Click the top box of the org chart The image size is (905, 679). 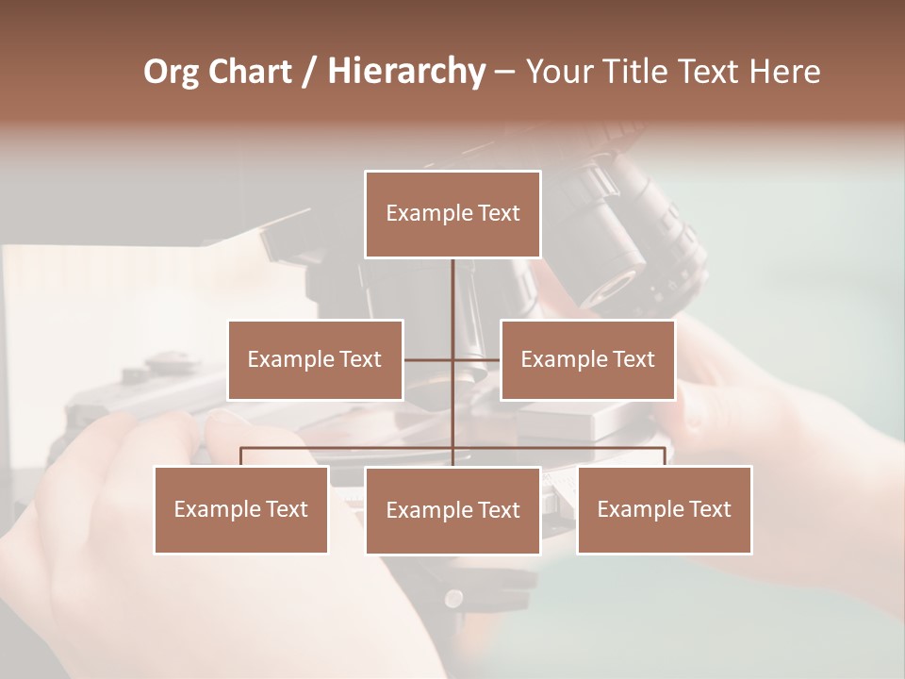point(452,214)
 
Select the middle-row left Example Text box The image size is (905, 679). point(315,359)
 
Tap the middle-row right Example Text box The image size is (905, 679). point(587,359)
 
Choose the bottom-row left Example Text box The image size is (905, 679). point(241,509)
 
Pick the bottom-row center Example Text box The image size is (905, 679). point(452,510)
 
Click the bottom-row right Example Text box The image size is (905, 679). point(664,509)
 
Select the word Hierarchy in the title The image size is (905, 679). point(405,72)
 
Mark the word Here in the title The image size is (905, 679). point(784,72)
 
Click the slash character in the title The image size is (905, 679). point(309,72)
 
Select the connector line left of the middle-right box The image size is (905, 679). point(477,359)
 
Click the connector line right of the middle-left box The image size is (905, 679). point(427,359)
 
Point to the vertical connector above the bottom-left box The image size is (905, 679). point(241,456)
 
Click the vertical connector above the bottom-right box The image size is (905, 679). point(665,456)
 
